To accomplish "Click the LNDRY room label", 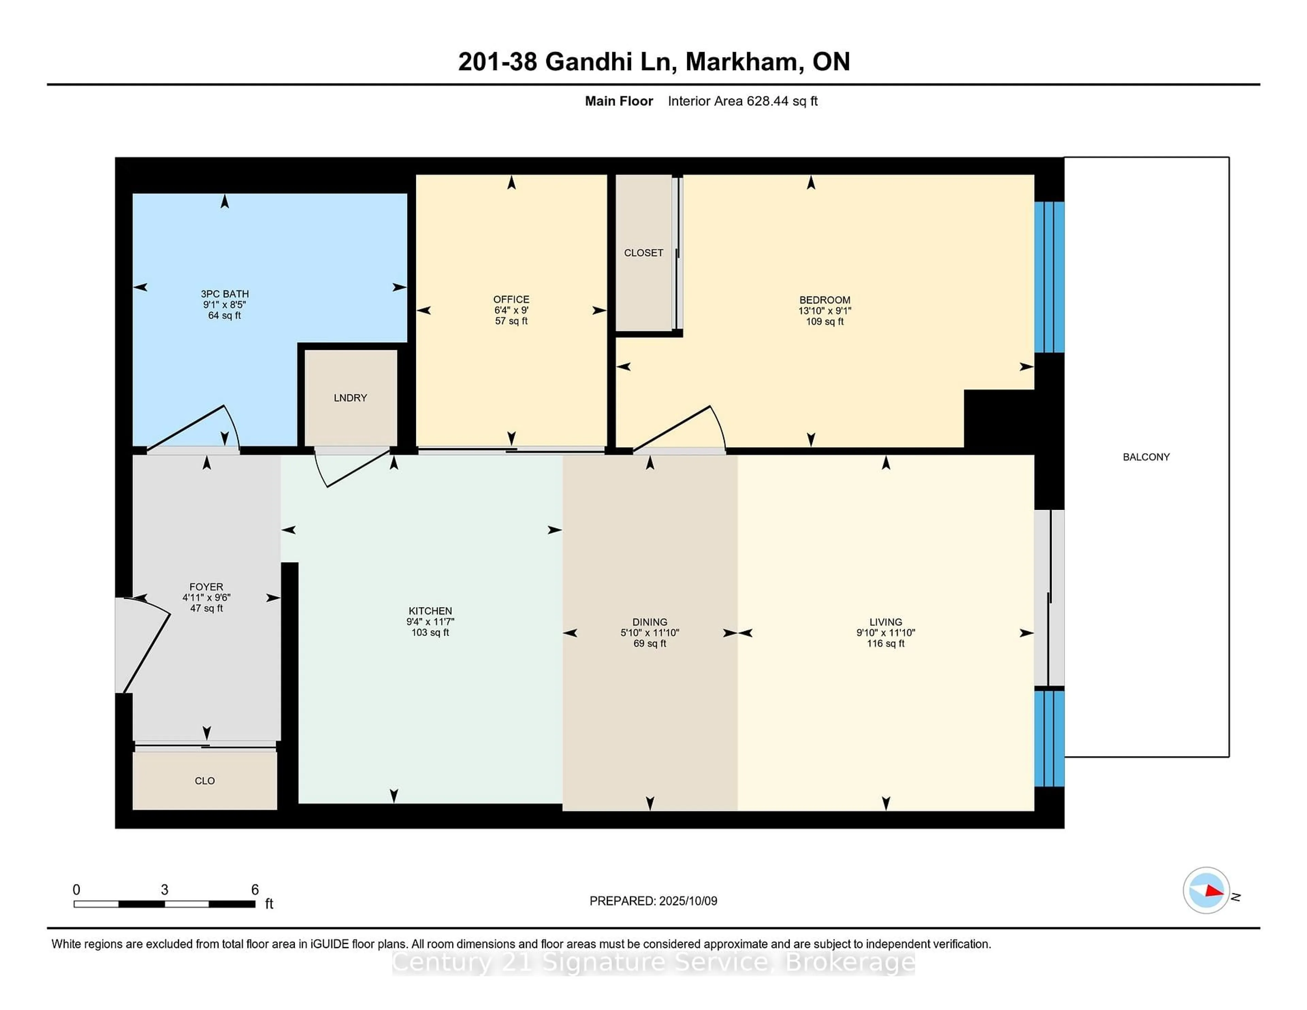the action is (350, 398).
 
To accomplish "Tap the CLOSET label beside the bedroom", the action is (643, 253).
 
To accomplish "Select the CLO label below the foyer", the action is (205, 781).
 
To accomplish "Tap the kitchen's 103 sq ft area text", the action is (430, 633).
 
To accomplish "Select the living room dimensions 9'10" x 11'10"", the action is (886, 633).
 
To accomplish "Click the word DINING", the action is (650, 622).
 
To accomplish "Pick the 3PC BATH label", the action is (224, 294).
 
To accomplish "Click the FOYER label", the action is (207, 587).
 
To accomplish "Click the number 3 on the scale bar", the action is (165, 890).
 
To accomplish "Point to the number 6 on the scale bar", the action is (255, 890).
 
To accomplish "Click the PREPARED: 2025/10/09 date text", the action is (653, 901).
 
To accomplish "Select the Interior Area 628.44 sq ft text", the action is (743, 101).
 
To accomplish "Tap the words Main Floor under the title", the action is (619, 101).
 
